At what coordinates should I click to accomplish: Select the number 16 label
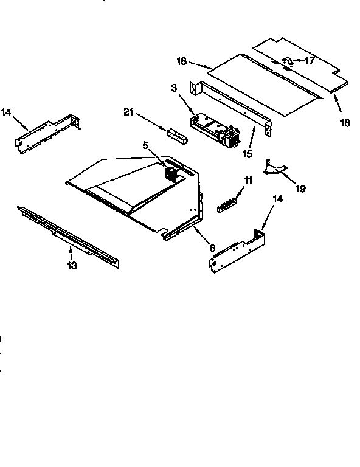344,123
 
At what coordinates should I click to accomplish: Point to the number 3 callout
174,89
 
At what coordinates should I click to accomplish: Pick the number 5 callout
146,145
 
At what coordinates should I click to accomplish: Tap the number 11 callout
247,181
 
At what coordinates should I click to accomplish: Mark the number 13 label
72,266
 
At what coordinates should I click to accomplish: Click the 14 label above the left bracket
6,112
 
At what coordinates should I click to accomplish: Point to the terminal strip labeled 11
227,203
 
